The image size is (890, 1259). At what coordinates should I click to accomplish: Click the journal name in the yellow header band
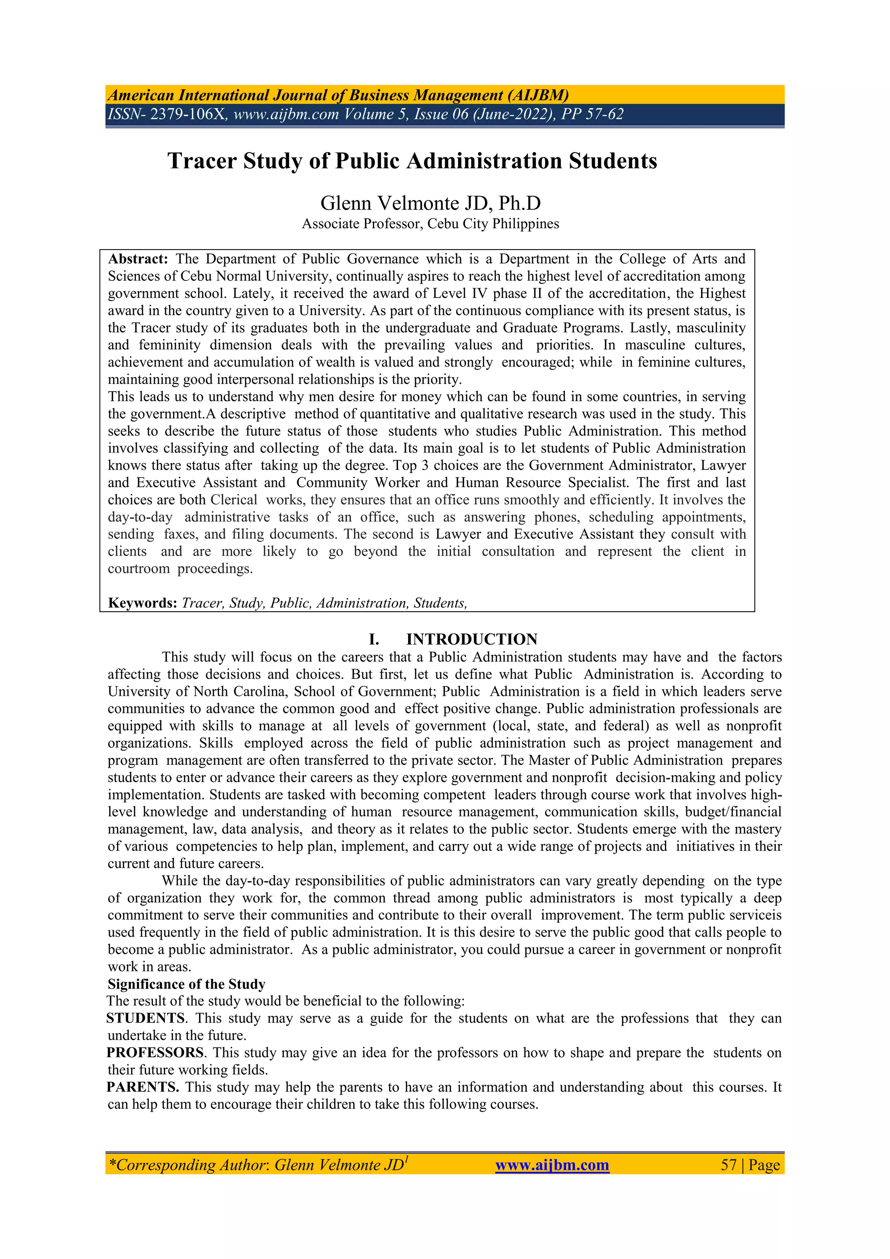pyautogui.click(x=338, y=95)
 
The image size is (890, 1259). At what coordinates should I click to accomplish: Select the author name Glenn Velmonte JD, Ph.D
pyautogui.click(x=430, y=203)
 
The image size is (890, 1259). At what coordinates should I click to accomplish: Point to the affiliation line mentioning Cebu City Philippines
pyautogui.click(x=430, y=224)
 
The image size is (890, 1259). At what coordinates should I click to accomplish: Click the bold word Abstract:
pyautogui.click(x=138, y=259)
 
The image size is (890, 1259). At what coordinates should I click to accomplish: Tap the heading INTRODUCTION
pyautogui.click(x=472, y=639)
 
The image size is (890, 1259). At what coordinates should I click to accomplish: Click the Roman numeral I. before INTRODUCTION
pyautogui.click(x=374, y=639)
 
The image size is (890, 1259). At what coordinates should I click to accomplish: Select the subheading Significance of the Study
pyautogui.click(x=186, y=984)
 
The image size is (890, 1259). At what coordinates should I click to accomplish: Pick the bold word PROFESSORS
pyautogui.click(x=155, y=1053)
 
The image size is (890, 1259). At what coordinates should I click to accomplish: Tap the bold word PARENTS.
pyautogui.click(x=143, y=1087)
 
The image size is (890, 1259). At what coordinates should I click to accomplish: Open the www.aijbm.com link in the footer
pyautogui.click(x=552, y=1165)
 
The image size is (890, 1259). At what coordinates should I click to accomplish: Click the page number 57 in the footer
pyautogui.click(x=728, y=1165)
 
